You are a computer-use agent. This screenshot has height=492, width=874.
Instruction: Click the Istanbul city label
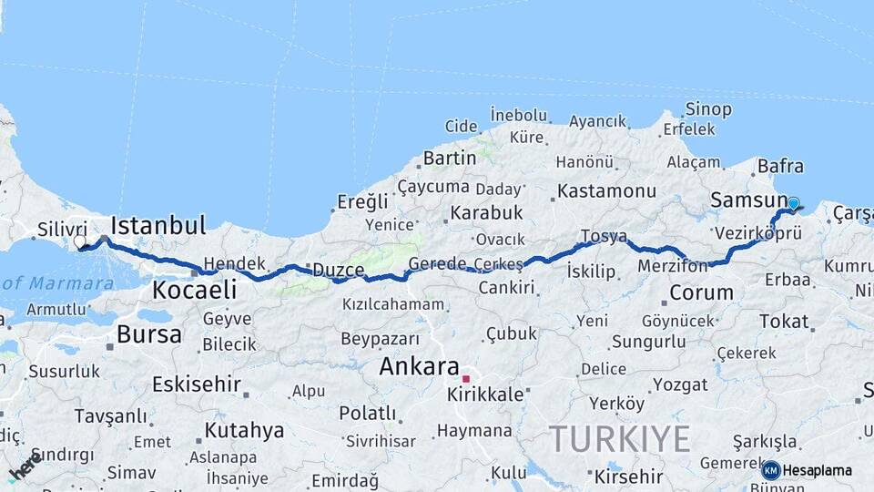158,225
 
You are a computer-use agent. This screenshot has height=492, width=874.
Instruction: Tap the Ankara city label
419,367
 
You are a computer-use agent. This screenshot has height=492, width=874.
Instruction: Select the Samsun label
748,200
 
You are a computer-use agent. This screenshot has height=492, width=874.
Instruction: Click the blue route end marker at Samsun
793,204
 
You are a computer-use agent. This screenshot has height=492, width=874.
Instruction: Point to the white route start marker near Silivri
80,241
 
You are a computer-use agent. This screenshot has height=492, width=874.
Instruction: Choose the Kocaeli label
194,291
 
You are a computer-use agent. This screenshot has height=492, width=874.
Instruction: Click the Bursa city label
148,334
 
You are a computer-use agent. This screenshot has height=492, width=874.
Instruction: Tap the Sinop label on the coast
707,109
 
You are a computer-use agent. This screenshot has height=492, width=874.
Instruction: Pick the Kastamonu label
606,191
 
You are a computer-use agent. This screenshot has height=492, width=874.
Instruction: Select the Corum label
701,292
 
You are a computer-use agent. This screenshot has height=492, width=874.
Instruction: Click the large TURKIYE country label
619,438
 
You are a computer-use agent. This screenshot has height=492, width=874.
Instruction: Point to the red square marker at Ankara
466,378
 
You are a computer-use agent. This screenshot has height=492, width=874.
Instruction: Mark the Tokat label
783,321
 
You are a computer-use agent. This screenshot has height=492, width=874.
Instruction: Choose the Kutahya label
244,429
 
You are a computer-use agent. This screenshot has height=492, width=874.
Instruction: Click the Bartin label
450,158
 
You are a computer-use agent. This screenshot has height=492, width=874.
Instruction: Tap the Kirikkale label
485,395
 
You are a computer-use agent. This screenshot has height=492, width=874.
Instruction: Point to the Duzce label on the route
339,271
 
